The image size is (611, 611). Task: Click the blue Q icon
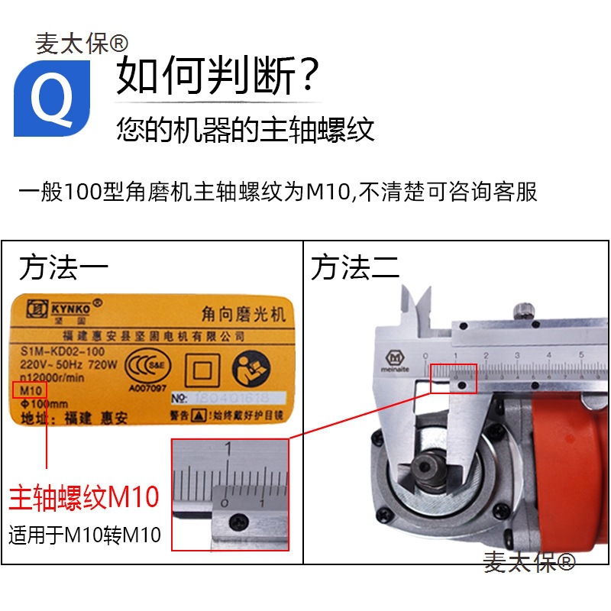51,98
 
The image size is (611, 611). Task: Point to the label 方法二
354,268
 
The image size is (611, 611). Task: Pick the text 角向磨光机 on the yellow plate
230,314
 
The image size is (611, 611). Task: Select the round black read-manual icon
253,367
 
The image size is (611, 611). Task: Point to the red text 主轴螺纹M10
83,497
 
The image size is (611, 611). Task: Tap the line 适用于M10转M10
85,535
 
